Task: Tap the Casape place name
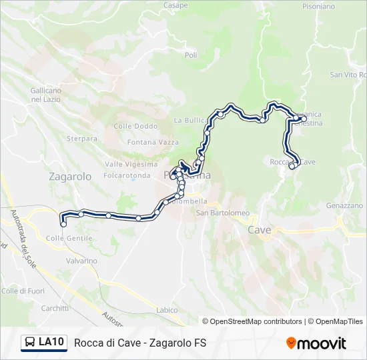(175, 5)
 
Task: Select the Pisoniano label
(318, 7)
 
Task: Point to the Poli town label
(191, 55)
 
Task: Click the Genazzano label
(344, 206)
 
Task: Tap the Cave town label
(259, 230)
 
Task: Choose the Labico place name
(167, 310)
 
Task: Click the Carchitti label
(55, 308)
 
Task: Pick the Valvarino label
(81, 261)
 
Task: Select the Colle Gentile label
(70, 238)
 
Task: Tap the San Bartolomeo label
(222, 213)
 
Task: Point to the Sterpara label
(82, 139)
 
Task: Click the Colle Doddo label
(135, 126)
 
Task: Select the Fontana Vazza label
(150, 142)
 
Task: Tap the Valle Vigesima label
(131, 165)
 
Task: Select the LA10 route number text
(51, 343)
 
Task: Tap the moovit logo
(316, 343)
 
